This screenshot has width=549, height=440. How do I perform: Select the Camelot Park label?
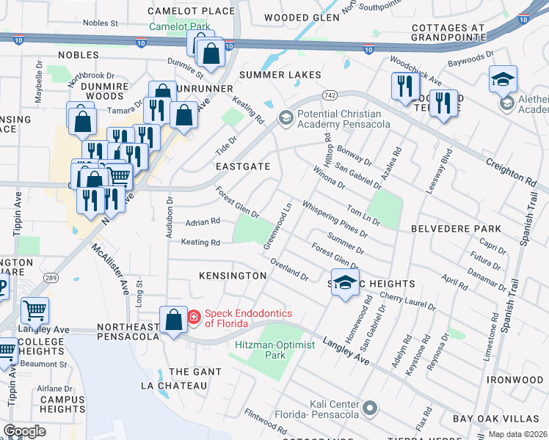(x=180, y=26)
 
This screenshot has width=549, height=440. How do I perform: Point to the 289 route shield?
(x=50, y=277)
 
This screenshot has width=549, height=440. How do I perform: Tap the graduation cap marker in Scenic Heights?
(x=345, y=284)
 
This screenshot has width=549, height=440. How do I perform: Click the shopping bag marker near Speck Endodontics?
(x=173, y=320)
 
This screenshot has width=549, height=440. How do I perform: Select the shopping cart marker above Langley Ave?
(x=34, y=312)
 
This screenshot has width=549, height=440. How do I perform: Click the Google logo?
(x=25, y=431)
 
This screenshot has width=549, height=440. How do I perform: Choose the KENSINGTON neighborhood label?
(x=233, y=276)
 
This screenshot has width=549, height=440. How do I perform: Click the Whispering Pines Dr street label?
(x=334, y=220)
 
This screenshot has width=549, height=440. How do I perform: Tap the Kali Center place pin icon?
(x=370, y=406)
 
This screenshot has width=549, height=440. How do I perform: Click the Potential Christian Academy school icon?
(x=285, y=117)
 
